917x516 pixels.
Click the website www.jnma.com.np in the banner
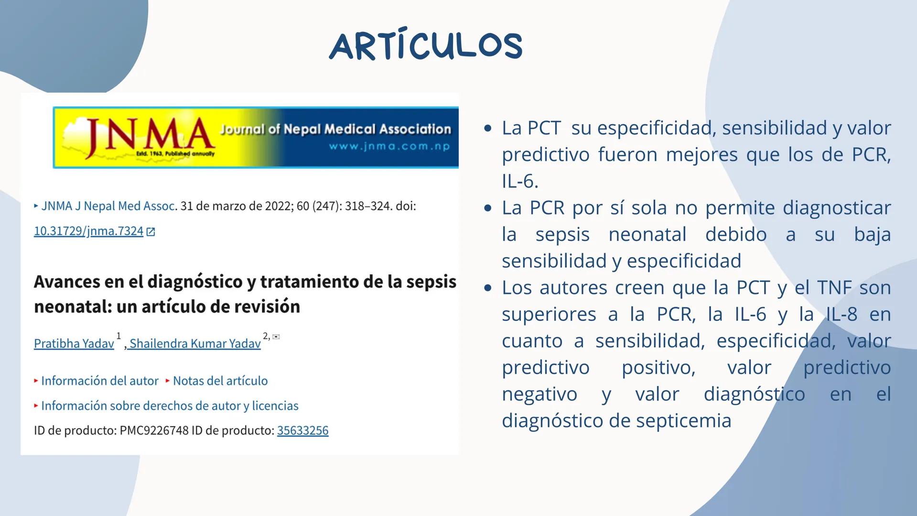click(389, 146)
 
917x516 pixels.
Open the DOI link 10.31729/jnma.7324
click(88, 231)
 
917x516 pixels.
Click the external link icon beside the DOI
click(151, 232)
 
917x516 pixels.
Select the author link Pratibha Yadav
click(74, 344)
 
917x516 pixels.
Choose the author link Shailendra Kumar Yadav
click(195, 344)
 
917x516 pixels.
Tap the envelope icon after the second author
click(276, 337)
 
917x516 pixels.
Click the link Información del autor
click(99, 381)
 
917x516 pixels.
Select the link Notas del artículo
click(220, 381)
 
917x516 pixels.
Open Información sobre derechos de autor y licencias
click(170, 406)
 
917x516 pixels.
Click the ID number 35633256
click(302, 430)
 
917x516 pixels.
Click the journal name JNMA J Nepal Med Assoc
click(108, 206)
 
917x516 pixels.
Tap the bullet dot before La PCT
click(487, 129)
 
